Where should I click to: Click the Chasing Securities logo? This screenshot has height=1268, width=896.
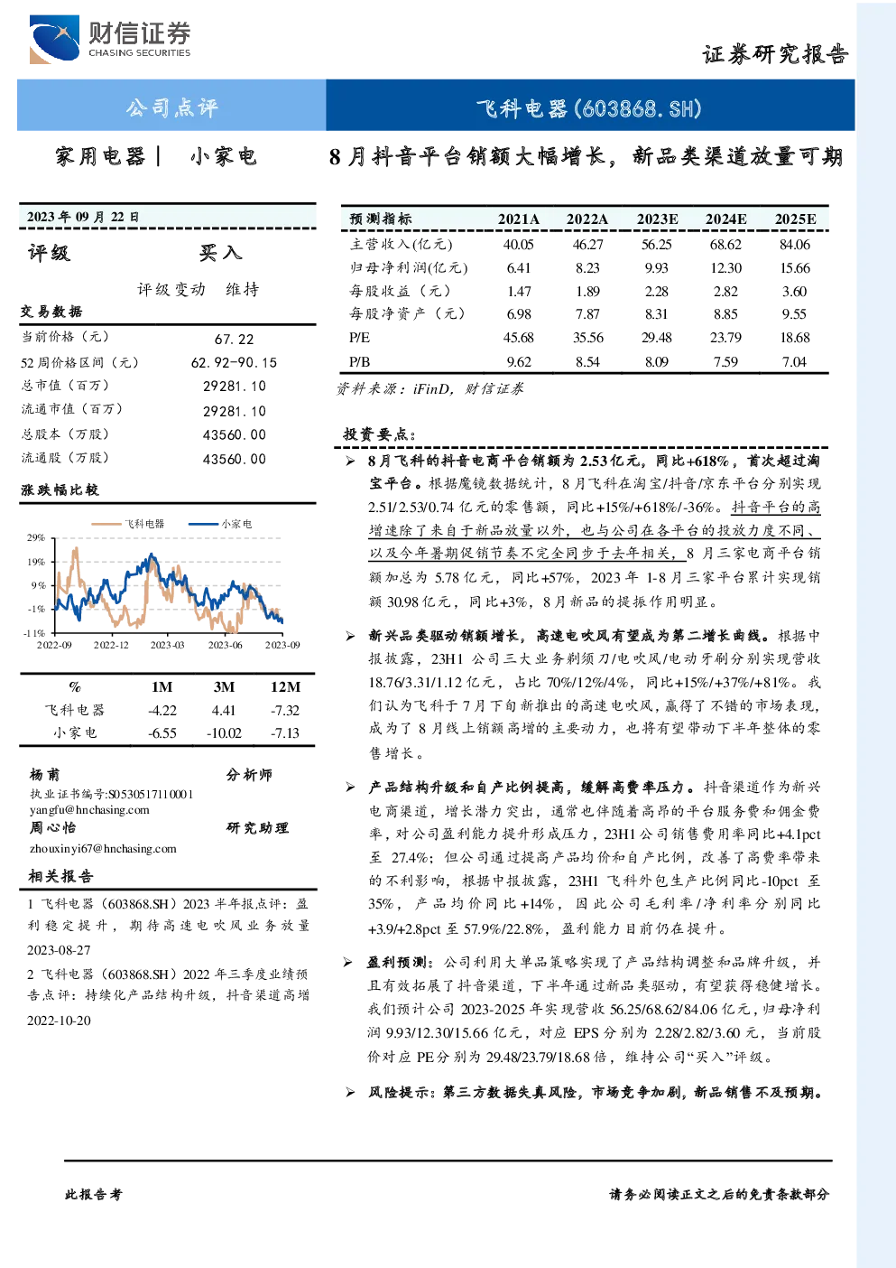coord(111,39)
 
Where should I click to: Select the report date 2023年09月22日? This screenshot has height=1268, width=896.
coord(83,217)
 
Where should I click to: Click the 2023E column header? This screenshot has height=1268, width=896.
coord(657,219)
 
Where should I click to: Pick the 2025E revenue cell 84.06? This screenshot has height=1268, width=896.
coord(795,245)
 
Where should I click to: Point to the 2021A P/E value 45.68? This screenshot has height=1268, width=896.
coord(519,338)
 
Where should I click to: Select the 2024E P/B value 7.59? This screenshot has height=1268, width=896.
coord(725,362)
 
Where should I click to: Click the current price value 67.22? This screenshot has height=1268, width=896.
coord(235,339)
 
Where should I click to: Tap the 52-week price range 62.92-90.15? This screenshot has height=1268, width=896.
coord(235,362)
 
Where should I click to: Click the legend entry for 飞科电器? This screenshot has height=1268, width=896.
coord(128,524)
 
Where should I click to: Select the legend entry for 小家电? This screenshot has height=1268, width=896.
coord(220,524)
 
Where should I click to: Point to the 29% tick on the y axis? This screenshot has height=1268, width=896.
coord(35,537)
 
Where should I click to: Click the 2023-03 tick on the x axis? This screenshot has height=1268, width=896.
coord(168,645)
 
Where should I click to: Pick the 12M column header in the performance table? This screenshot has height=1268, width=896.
coord(285,686)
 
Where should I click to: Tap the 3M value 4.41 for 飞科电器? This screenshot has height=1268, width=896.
coord(224,710)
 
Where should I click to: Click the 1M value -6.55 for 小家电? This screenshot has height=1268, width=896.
coord(162,733)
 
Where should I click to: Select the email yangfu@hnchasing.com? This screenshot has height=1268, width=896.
coord(89,810)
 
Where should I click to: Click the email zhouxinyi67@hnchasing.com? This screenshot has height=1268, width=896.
coord(103,849)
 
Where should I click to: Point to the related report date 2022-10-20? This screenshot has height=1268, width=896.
coord(59,1021)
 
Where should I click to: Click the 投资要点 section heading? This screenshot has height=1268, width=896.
coord(379,434)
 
